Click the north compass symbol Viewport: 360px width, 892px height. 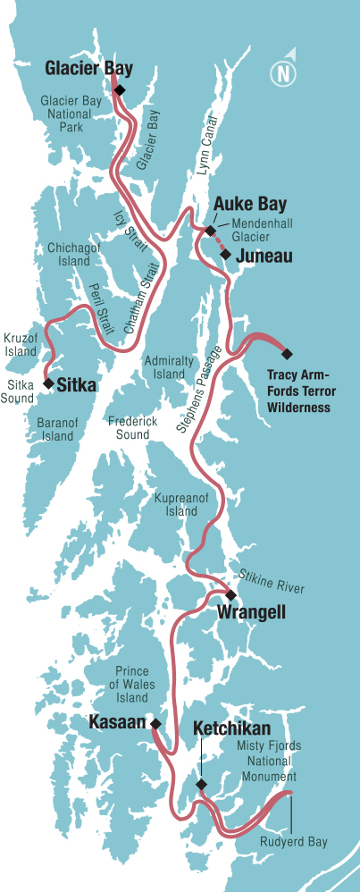[285, 72]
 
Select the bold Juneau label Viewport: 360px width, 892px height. [264, 257]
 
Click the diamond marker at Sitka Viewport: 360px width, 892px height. [47, 383]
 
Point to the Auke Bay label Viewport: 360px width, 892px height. [237, 205]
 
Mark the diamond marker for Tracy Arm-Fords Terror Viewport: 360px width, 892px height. [287, 353]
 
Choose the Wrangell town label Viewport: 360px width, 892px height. [251, 613]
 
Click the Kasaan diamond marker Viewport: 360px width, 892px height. [155, 723]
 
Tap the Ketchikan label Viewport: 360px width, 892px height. [231, 728]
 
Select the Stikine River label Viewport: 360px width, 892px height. [272, 581]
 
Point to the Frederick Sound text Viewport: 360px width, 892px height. [132, 426]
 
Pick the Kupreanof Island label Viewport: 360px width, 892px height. [181, 503]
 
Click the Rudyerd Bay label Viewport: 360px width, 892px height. [294, 842]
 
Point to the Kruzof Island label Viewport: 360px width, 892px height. [20, 345]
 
